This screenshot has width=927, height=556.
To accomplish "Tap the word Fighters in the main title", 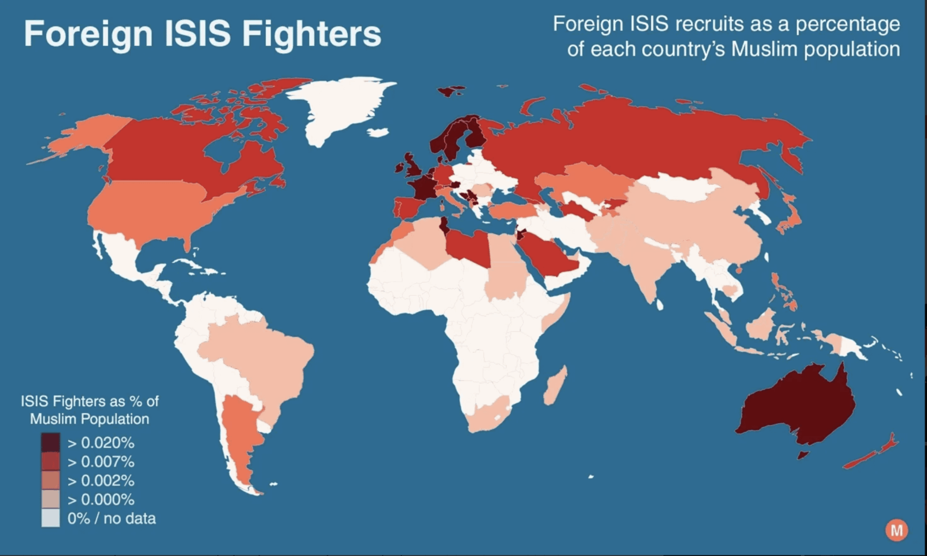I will coord(311,34).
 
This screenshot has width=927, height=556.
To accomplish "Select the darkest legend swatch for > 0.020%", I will coord(51,443).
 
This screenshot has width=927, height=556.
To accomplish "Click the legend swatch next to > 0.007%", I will coord(51,462).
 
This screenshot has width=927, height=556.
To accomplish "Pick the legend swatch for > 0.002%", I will coord(51,481).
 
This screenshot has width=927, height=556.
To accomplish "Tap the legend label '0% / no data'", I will coord(112,519).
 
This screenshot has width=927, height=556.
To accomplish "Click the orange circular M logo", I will coord(896,530).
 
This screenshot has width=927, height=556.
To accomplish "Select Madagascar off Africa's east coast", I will coord(555,386).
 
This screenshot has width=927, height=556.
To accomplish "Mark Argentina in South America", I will coord(238,435).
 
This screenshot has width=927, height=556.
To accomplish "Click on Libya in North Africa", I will coord(468,244).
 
